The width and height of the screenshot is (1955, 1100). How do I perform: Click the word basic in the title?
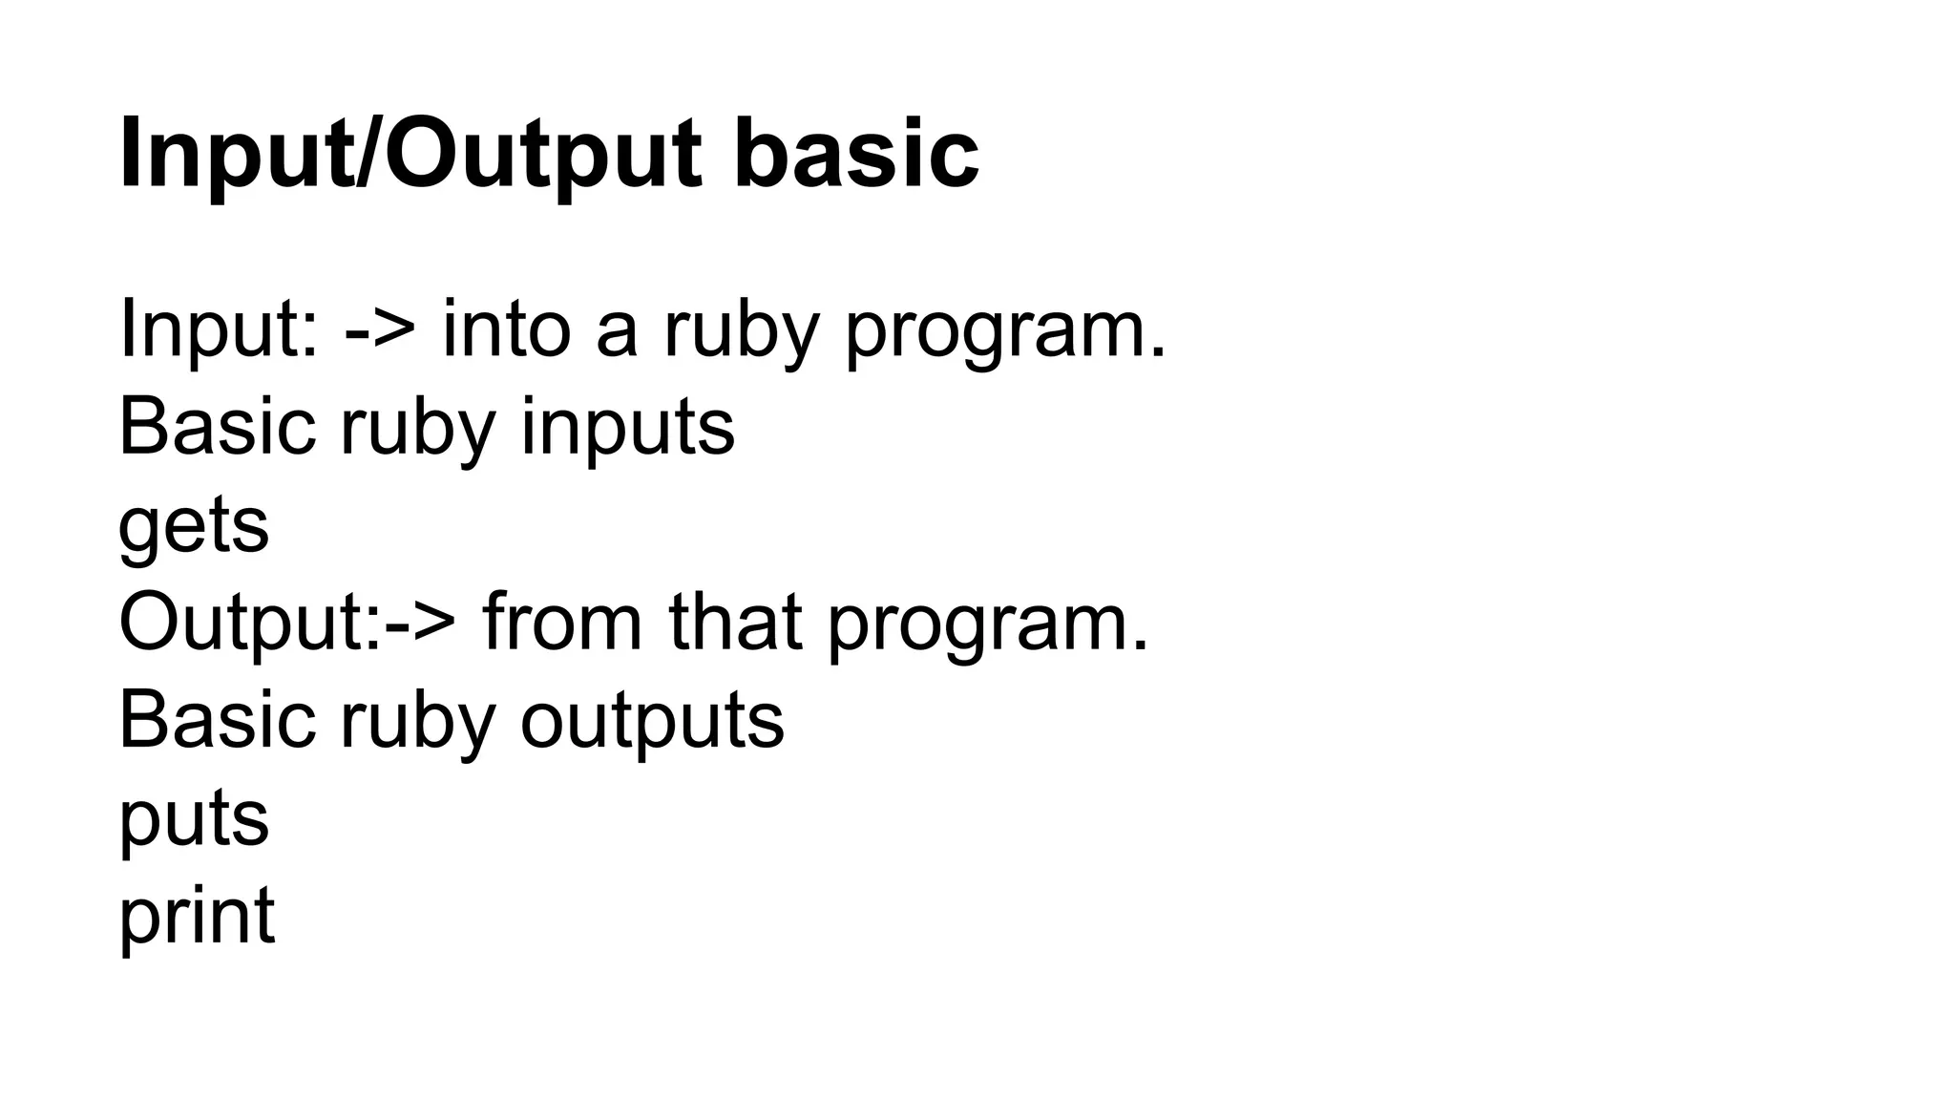pos(855,153)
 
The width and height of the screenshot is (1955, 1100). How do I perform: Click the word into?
pos(506,329)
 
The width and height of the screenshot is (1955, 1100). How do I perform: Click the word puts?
pos(194,819)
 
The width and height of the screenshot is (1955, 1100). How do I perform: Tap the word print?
pos(197,917)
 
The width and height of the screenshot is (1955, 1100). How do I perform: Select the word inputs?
pos(627,428)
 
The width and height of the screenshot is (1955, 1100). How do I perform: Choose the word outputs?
pos(652,720)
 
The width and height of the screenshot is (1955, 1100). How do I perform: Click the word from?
pos(562,623)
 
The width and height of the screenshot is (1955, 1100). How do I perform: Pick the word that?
pos(734,623)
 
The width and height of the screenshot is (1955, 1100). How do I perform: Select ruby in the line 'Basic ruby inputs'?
pos(417,428)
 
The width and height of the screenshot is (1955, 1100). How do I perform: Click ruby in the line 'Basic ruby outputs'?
pos(417,720)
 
